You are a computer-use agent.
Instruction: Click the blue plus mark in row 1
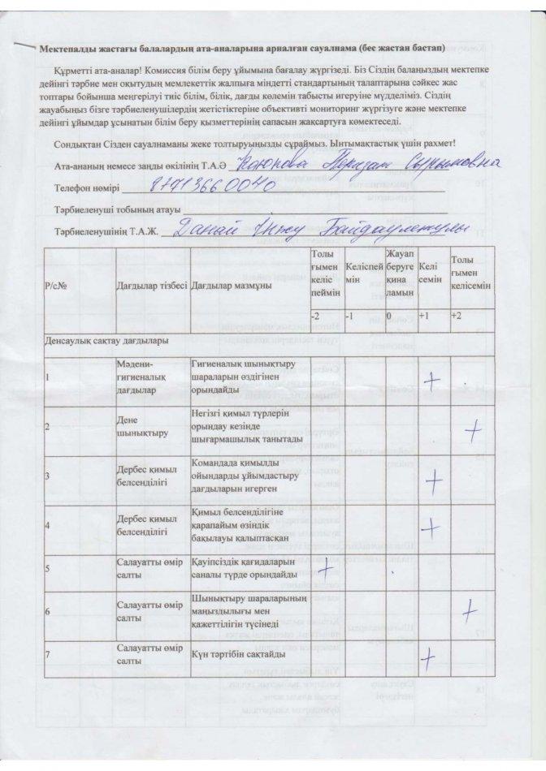point(431,379)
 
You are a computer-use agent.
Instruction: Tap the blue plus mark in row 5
point(328,567)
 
